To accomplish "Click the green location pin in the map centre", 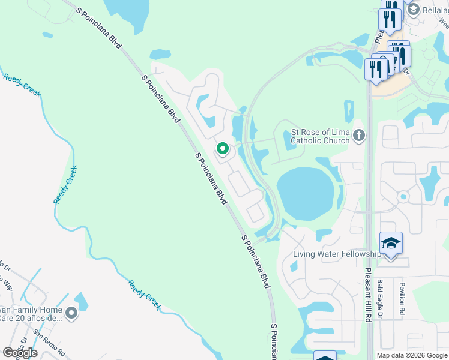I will pyautogui.click(x=222, y=148).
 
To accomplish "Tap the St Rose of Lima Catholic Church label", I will pyautogui.click(x=320, y=136).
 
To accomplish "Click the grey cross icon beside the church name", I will pyautogui.click(x=359, y=134).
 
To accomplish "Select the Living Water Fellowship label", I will pyautogui.click(x=336, y=254).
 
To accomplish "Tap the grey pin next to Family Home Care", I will pyautogui.click(x=71, y=313).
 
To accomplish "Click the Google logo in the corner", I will pyautogui.click(x=20, y=353).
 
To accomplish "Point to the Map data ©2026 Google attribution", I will pyautogui.click(x=412, y=355).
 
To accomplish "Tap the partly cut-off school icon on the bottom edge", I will pyautogui.click(x=325, y=356).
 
